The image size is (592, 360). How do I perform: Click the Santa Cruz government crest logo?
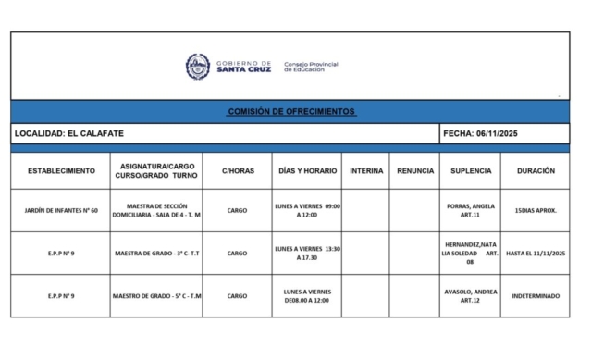pyautogui.click(x=198, y=67)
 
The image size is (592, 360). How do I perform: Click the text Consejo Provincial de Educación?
pyautogui.click(x=310, y=67)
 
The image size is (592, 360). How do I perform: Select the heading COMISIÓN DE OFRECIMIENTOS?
pyautogui.click(x=291, y=112)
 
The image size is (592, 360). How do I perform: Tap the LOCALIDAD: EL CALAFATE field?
pyautogui.click(x=69, y=134)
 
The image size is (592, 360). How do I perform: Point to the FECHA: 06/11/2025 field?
pyautogui.click(x=481, y=134)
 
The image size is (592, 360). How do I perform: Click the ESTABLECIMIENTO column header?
pyautogui.click(x=61, y=171)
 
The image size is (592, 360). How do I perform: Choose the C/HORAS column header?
pyautogui.click(x=237, y=171)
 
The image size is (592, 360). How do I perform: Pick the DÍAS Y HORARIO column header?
pyautogui.click(x=307, y=171)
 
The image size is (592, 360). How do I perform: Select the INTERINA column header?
pyautogui.click(x=365, y=171)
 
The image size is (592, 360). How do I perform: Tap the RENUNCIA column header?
pyautogui.click(x=414, y=171)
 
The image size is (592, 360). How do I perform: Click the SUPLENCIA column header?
pyautogui.click(x=471, y=171)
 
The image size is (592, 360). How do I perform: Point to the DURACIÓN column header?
pyautogui.click(x=536, y=171)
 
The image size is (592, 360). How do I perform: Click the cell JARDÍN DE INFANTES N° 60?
pyautogui.click(x=61, y=211)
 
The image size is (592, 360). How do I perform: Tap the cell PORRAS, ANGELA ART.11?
pyautogui.click(x=471, y=211)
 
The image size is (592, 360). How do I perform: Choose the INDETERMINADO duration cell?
pyautogui.click(x=536, y=296)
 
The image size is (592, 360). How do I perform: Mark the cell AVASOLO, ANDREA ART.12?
pyautogui.click(x=471, y=296)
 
